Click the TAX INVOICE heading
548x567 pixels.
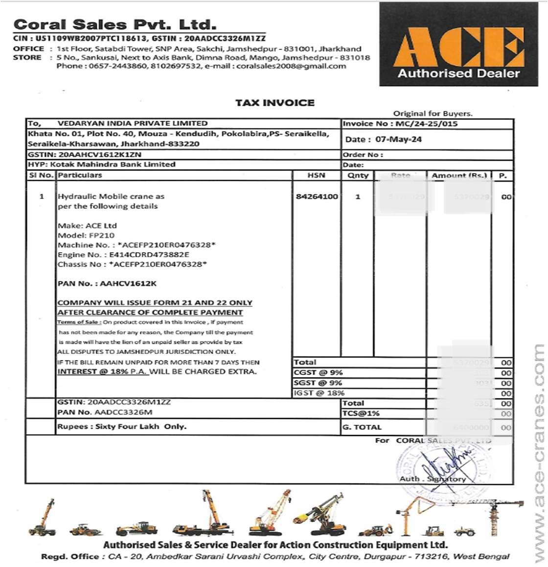(274, 103)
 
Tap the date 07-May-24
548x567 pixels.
(398, 139)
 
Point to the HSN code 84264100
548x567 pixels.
(317, 196)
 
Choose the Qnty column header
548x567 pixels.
(358, 175)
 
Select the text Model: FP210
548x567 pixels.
(86, 235)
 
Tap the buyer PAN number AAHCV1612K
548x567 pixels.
(128, 283)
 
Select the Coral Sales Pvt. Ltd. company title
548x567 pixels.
(114, 24)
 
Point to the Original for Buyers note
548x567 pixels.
(433, 113)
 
